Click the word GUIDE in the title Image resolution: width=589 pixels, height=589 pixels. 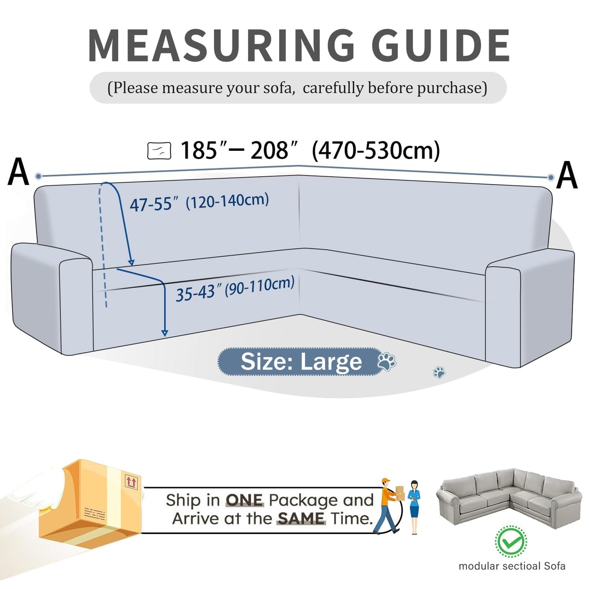(441, 46)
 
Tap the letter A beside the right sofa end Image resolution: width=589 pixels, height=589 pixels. (567, 175)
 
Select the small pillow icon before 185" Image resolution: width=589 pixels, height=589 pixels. (159, 151)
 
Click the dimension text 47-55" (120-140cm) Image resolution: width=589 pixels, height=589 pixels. (199, 202)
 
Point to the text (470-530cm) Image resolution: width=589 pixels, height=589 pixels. (376, 150)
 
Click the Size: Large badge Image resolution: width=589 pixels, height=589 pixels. (301, 362)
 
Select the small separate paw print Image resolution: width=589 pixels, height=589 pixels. (439, 372)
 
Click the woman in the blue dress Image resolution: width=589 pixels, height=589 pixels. (414, 507)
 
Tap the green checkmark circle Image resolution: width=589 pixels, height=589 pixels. (511, 542)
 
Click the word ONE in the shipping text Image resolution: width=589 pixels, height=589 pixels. (245, 500)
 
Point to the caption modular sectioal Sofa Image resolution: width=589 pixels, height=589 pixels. (512, 566)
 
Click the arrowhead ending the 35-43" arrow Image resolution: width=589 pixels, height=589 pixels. (165, 333)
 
